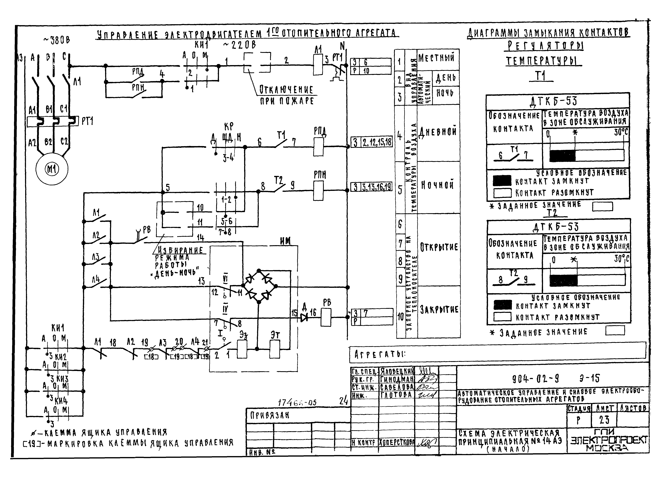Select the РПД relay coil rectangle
click(318, 146)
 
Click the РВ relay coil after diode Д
click(326, 317)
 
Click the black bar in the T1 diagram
click(562, 156)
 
